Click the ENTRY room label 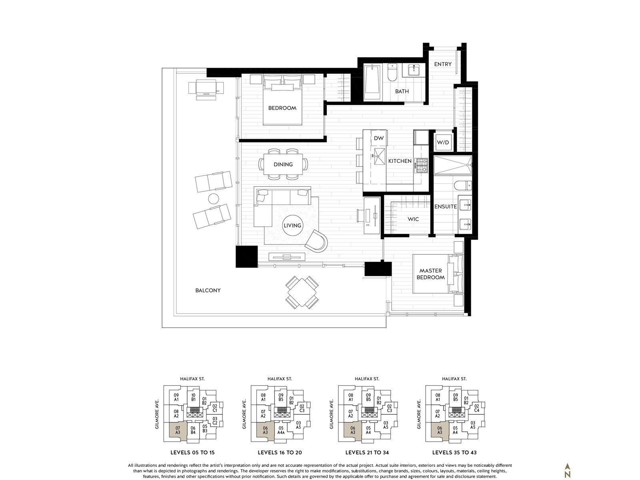pyautogui.click(x=442, y=64)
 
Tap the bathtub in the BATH pyautogui.click(x=372, y=83)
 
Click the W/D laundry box pyautogui.click(x=443, y=142)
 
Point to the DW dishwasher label pyautogui.click(x=379, y=138)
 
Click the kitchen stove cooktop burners pyautogui.click(x=421, y=165)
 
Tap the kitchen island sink pyautogui.click(x=379, y=156)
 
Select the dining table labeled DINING pyautogui.click(x=283, y=164)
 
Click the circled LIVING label pyautogui.click(x=292, y=225)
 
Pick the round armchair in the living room pyautogui.click(x=316, y=241)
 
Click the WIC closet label pyautogui.click(x=413, y=219)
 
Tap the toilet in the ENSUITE pyautogui.click(x=463, y=185)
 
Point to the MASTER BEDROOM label pyautogui.click(x=431, y=274)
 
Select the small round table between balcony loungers pyautogui.click(x=214, y=198)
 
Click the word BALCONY pyautogui.click(x=208, y=290)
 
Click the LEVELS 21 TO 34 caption pyautogui.click(x=367, y=453)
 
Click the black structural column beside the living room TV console pyautogui.click(x=247, y=256)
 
